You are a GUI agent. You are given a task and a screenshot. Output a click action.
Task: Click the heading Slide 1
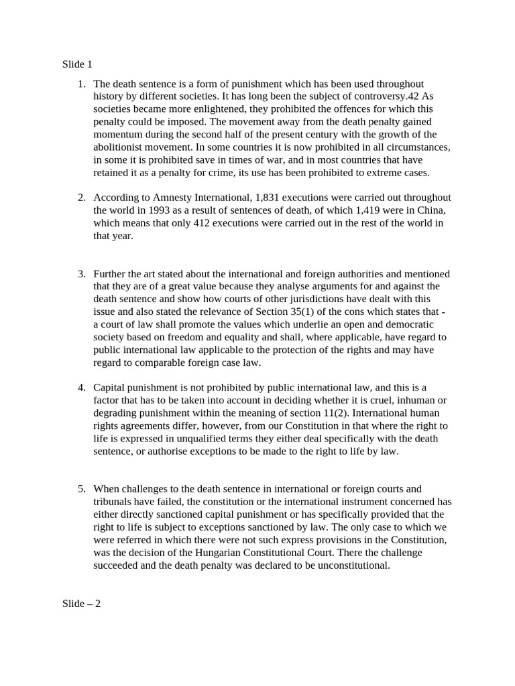click(77, 65)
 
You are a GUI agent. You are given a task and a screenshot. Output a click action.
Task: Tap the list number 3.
click(81, 273)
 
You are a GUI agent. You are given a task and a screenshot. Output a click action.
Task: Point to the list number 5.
click(81, 489)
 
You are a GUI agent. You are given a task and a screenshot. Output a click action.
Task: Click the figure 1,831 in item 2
click(269, 198)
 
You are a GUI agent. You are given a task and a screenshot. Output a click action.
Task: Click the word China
click(431, 210)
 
